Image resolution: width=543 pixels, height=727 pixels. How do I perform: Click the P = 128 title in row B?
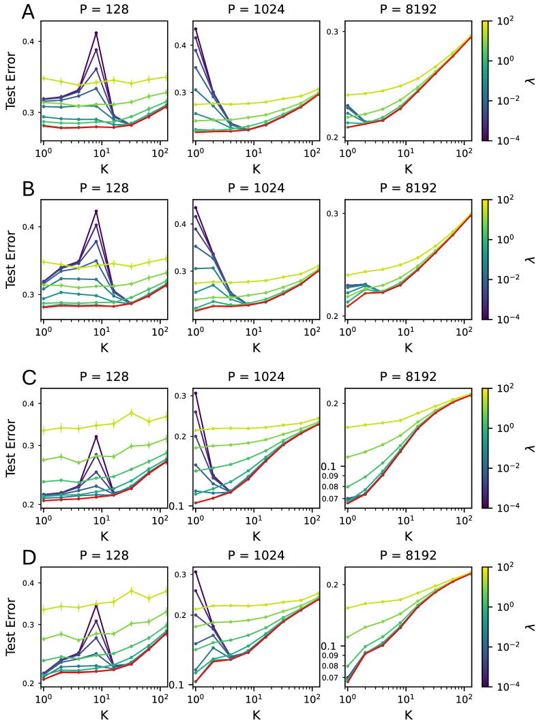click(x=104, y=189)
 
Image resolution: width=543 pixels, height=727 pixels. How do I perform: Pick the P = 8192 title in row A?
click(x=408, y=10)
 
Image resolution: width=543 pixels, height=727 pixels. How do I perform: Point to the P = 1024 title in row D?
click(x=256, y=555)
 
